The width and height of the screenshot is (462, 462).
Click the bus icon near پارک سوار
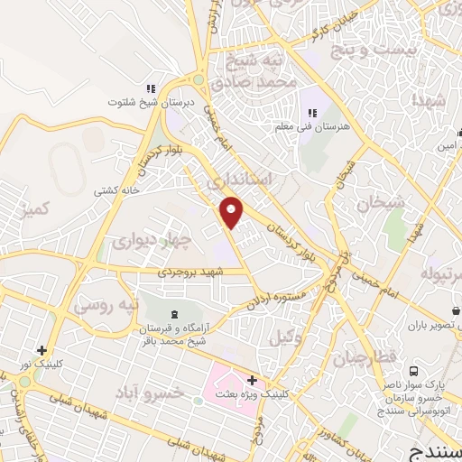[413, 370]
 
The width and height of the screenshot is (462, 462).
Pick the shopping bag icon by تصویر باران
[455, 310]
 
